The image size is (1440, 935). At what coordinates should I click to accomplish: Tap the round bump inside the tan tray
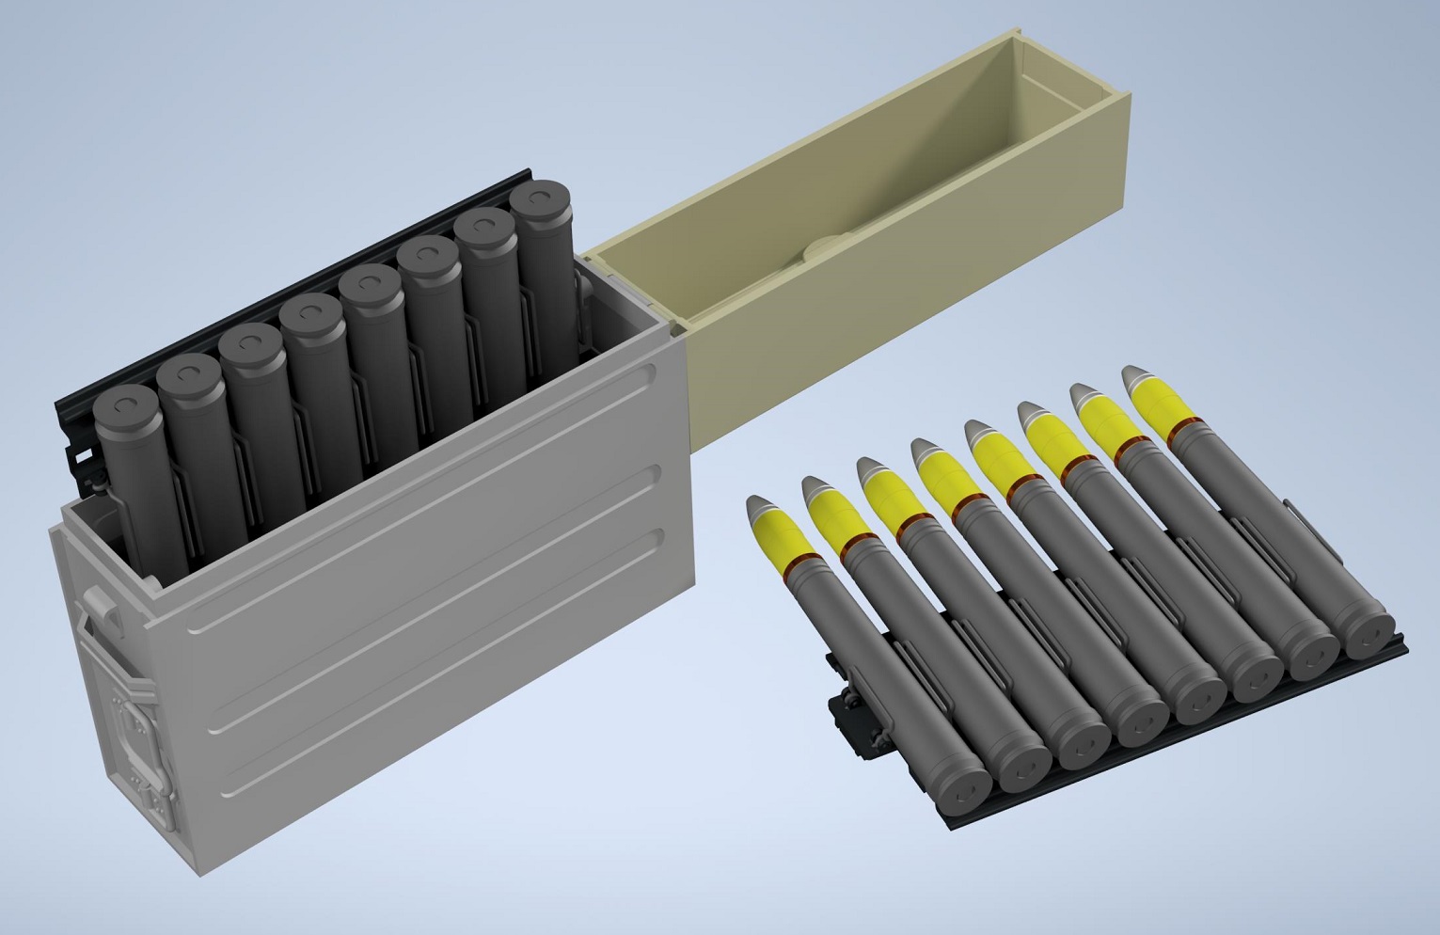[827, 248]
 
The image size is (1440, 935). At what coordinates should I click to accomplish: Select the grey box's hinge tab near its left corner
[104, 603]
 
